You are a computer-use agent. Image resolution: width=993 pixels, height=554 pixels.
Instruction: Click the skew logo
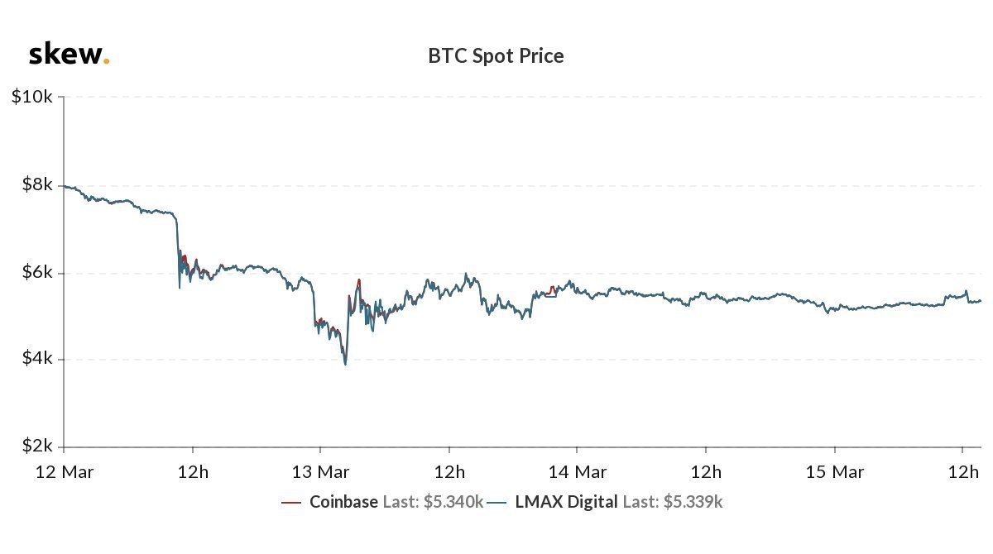point(67,55)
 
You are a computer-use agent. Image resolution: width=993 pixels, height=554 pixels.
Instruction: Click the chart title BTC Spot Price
point(496,56)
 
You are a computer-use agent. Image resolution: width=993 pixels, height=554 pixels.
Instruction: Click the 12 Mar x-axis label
point(63,472)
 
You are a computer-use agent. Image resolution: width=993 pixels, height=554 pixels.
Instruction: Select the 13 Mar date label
point(320,472)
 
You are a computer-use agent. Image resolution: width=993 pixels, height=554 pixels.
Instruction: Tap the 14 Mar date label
point(577,472)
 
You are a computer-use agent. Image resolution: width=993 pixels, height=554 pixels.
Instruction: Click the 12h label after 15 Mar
point(962,472)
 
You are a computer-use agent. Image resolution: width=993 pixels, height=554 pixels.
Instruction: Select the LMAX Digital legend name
point(566,501)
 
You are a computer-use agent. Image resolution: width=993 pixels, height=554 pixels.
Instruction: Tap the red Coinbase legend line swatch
point(291,502)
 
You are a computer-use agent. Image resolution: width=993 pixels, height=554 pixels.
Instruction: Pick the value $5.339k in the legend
point(694,501)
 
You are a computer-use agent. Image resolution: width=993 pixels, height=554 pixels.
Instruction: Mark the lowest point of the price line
point(345,364)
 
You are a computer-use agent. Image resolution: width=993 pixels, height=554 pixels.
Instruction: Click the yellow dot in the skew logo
point(106,61)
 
